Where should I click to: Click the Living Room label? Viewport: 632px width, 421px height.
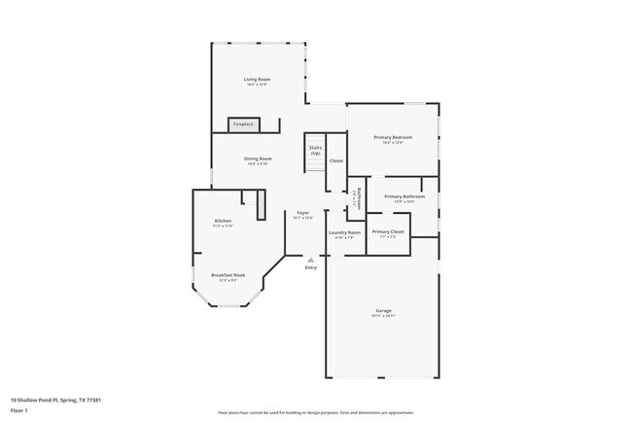click(x=257, y=79)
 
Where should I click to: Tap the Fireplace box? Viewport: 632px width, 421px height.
click(x=243, y=124)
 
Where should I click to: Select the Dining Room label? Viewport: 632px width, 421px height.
click(x=258, y=158)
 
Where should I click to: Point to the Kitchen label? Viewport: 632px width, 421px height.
click(x=224, y=221)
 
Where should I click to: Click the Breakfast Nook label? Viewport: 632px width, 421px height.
click(x=228, y=275)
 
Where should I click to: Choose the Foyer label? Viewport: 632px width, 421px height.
click(x=303, y=213)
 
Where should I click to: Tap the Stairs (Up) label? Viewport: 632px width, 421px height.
click(x=316, y=150)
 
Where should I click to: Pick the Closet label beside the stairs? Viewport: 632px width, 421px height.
click(x=336, y=160)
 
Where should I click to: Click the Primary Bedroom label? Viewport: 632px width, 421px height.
click(x=393, y=137)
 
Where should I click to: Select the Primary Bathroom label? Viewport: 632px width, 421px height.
click(x=404, y=196)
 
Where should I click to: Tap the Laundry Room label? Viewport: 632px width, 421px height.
click(x=344, y=232)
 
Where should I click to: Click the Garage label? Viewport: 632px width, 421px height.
click(x=383, y=311)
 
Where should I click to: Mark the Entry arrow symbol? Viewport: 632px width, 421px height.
click(x=310, y=260)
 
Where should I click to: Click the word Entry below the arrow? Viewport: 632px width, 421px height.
click(x=310, y=267)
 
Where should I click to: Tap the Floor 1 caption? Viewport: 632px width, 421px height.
click(x=19, y=411)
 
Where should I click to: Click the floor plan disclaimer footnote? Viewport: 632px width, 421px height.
click(x=316, y=412)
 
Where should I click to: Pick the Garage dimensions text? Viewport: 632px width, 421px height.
click(x=383, y=316)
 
